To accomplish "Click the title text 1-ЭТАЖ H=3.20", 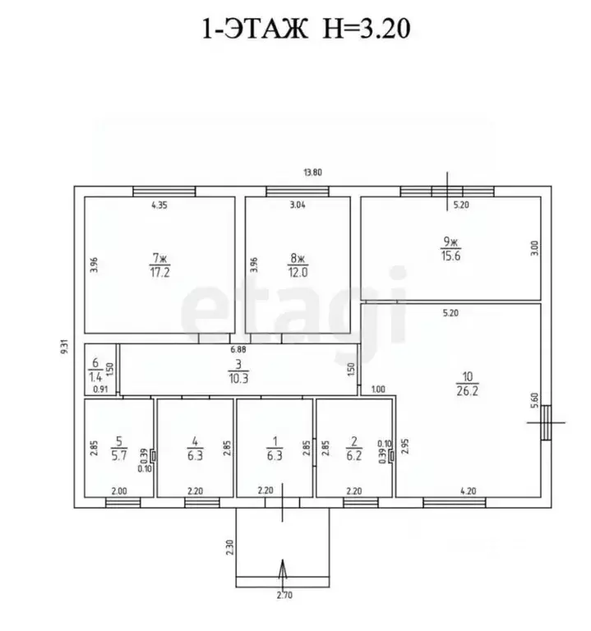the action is click(306, 29).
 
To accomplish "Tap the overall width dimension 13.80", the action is click(313, 173).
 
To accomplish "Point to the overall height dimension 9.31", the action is click(65, 347).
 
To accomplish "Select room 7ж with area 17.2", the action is click(159, 265).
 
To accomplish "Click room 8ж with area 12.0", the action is click(298, 265).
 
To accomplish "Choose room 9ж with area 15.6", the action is click(451, 249).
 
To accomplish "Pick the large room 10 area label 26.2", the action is click(468, 384).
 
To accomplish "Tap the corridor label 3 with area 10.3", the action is click(238, 371).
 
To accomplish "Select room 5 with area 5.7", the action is click(119, 448).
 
